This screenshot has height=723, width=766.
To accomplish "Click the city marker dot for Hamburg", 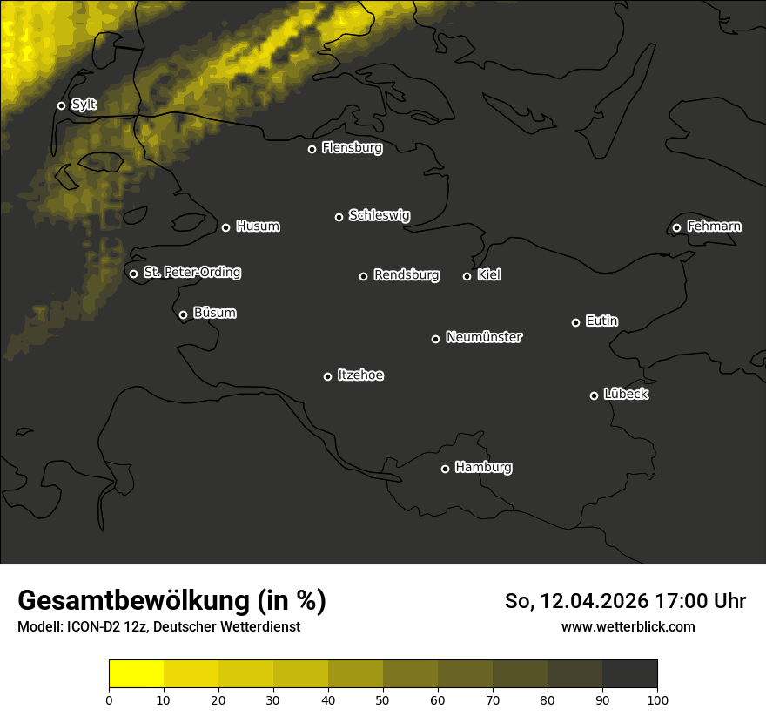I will [x=445, y=469].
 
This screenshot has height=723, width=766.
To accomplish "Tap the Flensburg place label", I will [x=352, y=148].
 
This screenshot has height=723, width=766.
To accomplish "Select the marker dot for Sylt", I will [x=61, y=105].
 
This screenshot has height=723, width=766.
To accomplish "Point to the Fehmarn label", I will [x=714, y=226].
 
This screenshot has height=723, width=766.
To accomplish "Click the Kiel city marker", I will [x=467, y=276].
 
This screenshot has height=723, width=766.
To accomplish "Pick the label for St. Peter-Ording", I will [x=191, y=273].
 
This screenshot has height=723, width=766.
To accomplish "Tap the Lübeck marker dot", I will [x=594, y=395].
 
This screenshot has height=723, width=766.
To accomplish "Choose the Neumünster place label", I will [x=484, y=337].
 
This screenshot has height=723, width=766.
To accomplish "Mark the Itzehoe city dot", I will [x=327, y=376].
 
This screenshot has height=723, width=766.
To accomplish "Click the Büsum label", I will [x=214, y=313].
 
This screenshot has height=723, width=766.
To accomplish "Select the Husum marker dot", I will [x=225, y=227].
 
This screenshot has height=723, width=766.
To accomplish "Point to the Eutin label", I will [x=601, y=321].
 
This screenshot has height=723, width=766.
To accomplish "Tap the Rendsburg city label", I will [x=407, y=275].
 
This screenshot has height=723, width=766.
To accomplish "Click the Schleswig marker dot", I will [x=339, y=217].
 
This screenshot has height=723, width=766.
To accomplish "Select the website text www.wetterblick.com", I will [x=628, y=626].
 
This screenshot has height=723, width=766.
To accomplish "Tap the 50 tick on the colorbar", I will [x=383, y=699].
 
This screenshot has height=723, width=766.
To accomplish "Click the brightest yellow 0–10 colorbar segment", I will [x=137, y=674].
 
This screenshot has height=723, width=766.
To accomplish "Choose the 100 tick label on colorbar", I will [x=657, y=699].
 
